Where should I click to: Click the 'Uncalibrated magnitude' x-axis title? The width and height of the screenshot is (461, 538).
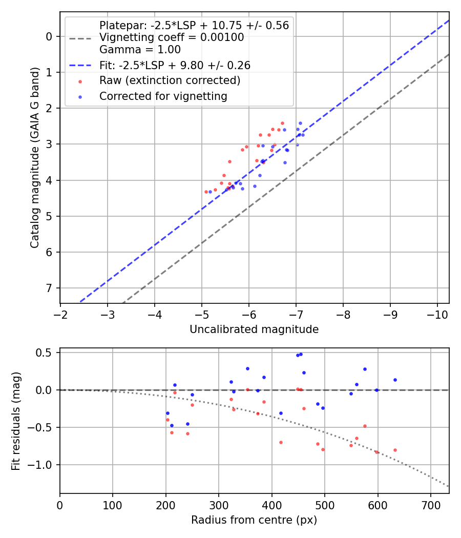coord(254,329)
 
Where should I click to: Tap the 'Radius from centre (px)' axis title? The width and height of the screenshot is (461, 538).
coord(254,520)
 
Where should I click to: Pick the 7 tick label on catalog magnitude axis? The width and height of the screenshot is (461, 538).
coord(49,288)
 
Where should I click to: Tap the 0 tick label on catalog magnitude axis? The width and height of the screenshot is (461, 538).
coord(49,36)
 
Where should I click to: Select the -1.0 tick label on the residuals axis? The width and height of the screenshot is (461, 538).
coord(43,465)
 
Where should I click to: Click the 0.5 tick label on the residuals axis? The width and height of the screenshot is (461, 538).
coord(46,353)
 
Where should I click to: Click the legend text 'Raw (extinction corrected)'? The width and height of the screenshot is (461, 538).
coord(170,80)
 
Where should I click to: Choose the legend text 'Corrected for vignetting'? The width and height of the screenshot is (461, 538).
coord(163,96)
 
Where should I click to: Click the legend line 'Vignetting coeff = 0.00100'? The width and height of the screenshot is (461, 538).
coord(171,37)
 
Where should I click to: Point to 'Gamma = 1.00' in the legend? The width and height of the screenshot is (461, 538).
coord(140,50)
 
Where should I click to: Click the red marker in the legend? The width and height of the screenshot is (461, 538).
coord(80,81)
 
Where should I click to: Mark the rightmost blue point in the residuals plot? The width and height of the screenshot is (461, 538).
coord(395,380)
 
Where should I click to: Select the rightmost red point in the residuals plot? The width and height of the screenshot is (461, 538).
coord(395,450)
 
